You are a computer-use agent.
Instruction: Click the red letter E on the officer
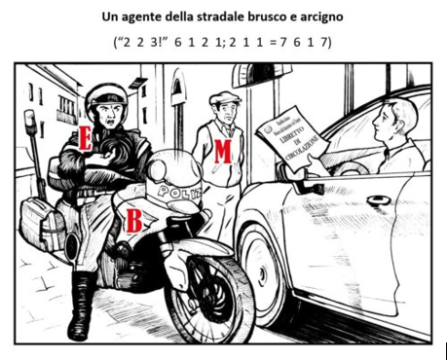85,139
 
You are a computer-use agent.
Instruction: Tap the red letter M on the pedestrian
222,150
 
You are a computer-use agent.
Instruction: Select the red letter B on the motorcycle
133,220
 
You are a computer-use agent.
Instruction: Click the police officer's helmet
106,97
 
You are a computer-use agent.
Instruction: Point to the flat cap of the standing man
223,98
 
